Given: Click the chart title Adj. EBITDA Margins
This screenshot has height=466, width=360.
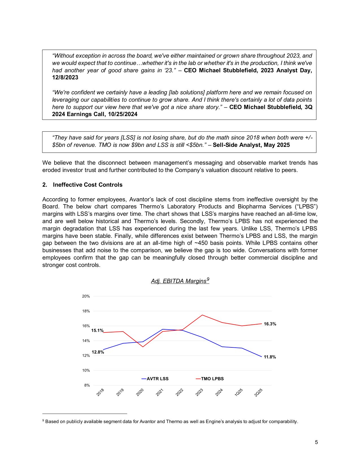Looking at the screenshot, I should (180, 281).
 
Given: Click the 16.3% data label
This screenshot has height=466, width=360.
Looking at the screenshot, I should (270, 324).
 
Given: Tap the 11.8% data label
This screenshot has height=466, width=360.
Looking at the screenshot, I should (270, 357).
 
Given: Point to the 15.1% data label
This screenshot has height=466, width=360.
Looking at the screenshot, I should (97, 330).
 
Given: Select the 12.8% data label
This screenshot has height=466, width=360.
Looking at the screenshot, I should (98, 352).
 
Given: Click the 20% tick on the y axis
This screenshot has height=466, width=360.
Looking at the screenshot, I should (86, 296).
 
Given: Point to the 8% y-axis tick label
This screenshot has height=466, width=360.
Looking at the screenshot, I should (87, 385).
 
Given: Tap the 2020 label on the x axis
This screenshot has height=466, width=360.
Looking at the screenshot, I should (140, 392).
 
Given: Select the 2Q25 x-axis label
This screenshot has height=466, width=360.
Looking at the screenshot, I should (258, 392).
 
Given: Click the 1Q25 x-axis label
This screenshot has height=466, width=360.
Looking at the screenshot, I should (239, 392).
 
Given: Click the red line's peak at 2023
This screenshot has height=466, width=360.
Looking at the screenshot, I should (202, 315).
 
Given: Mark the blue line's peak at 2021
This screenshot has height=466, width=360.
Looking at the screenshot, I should (163, 329).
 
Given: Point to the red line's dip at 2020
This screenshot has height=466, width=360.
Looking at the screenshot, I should (143, 347).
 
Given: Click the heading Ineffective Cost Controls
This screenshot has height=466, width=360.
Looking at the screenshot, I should (88, 185).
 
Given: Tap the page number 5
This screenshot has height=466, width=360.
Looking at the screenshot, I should (316, 442).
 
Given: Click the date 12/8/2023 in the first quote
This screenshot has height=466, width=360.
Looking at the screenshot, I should (65, 77).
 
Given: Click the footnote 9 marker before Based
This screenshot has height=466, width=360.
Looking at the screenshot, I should (43, 421).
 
